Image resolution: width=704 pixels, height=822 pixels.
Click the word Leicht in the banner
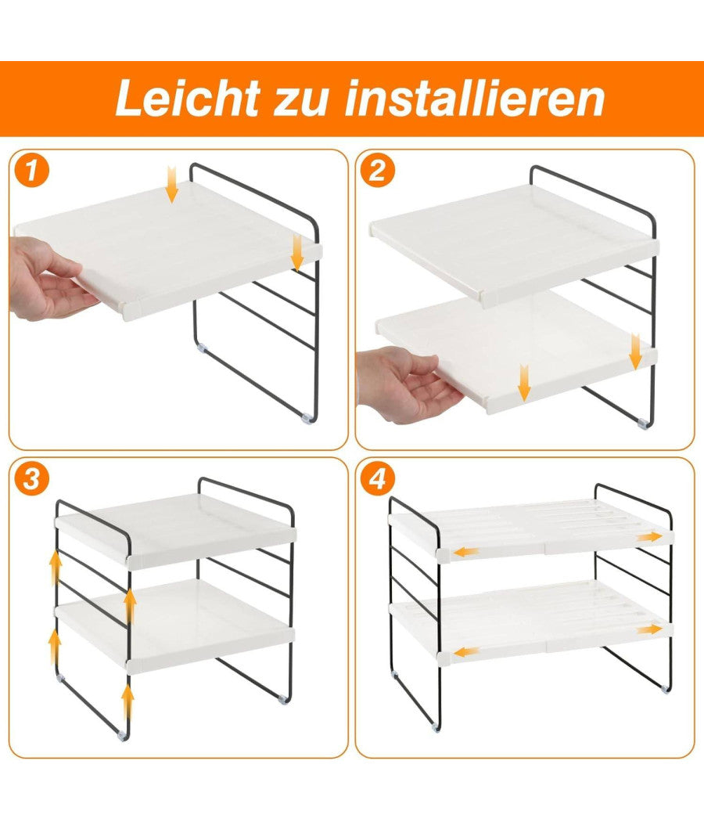click(x=186, y=99)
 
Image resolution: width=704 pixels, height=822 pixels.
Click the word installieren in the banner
click(x=475, y=99)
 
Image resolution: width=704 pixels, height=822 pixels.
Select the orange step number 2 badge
click(x=377, y=171)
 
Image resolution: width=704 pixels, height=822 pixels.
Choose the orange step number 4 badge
click(x=377, y=478)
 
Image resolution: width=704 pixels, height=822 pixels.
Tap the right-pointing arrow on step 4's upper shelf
click(x=649, y=537)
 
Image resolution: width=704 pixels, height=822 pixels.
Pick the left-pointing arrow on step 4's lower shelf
click(x=467, y=650)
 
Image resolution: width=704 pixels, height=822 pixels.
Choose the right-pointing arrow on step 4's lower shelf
click(x=649, y=629)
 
